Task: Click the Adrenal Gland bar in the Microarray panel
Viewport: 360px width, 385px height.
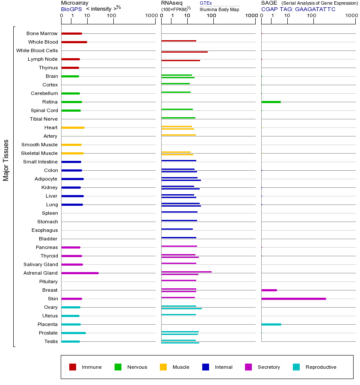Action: [x=80, y=273]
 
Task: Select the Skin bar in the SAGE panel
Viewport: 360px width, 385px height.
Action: [x=294, y=299]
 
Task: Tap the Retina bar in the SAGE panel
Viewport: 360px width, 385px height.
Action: [x=271, y=102]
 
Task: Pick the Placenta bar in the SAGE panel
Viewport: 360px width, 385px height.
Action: [x=271, y=324]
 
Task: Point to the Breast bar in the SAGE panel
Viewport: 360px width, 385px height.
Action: [x=269, y=290]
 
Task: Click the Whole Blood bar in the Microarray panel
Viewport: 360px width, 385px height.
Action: [x=74, y=42]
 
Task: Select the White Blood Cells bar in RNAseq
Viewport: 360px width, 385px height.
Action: [x=184, y=52]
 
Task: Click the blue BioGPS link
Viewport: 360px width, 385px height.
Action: [x=71, y=9]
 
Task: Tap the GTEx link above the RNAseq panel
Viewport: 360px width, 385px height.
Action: [x=206, y=3]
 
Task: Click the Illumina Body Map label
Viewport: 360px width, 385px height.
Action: [x=219, y=9]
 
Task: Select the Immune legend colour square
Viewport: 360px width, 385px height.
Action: [x=73, y=367]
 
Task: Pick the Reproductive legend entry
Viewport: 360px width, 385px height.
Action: [x=321, y=367]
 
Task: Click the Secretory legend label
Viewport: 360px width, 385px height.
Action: [x=269, y=367]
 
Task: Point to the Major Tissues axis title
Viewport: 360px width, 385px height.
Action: [x=6, y=160]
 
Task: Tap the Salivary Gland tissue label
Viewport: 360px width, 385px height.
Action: [x=41, y=264]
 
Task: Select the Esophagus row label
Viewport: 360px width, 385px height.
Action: [x=45, y=230]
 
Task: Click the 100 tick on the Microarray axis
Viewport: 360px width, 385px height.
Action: [x=111, y=16]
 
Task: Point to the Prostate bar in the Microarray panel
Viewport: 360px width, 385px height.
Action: [x=74, y=333]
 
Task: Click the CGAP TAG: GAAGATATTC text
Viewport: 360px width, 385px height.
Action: [x=298, y=9]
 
